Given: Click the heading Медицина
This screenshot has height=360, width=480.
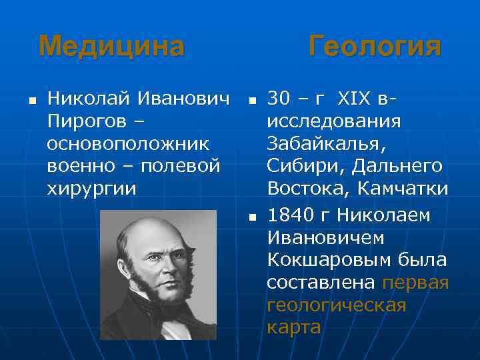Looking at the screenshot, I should pyautogui.click(x=111, y=47).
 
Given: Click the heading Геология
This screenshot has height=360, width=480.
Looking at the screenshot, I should pyautogui.click(x=375, y=47).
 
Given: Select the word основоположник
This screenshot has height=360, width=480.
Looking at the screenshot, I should pyautogui.click(x=128, y=144).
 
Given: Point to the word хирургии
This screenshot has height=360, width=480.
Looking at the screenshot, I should pyautogui.click(x=91, y=188).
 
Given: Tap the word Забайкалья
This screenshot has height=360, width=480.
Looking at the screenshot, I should pyautogui.click(x=325, y=144).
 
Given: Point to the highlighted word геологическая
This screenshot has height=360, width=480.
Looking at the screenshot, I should pyautogui.click(x=336, y=305).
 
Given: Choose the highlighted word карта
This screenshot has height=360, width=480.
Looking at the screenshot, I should pyautogui.click(x=293, y=327).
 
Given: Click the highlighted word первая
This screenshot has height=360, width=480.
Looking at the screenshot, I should pyautogui.click(x=415, y=283).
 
